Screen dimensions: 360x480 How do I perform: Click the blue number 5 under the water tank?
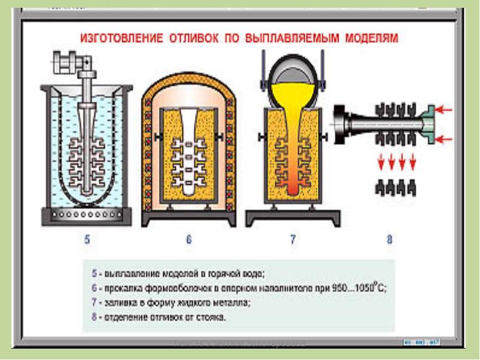(87, 241)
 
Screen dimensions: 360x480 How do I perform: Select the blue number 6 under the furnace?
(188, 241)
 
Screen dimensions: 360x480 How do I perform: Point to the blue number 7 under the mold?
(292, 241)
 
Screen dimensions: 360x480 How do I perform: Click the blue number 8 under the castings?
(389, 241)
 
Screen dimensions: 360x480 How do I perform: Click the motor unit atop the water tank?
(73, 61)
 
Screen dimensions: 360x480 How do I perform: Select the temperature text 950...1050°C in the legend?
(358, 288)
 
